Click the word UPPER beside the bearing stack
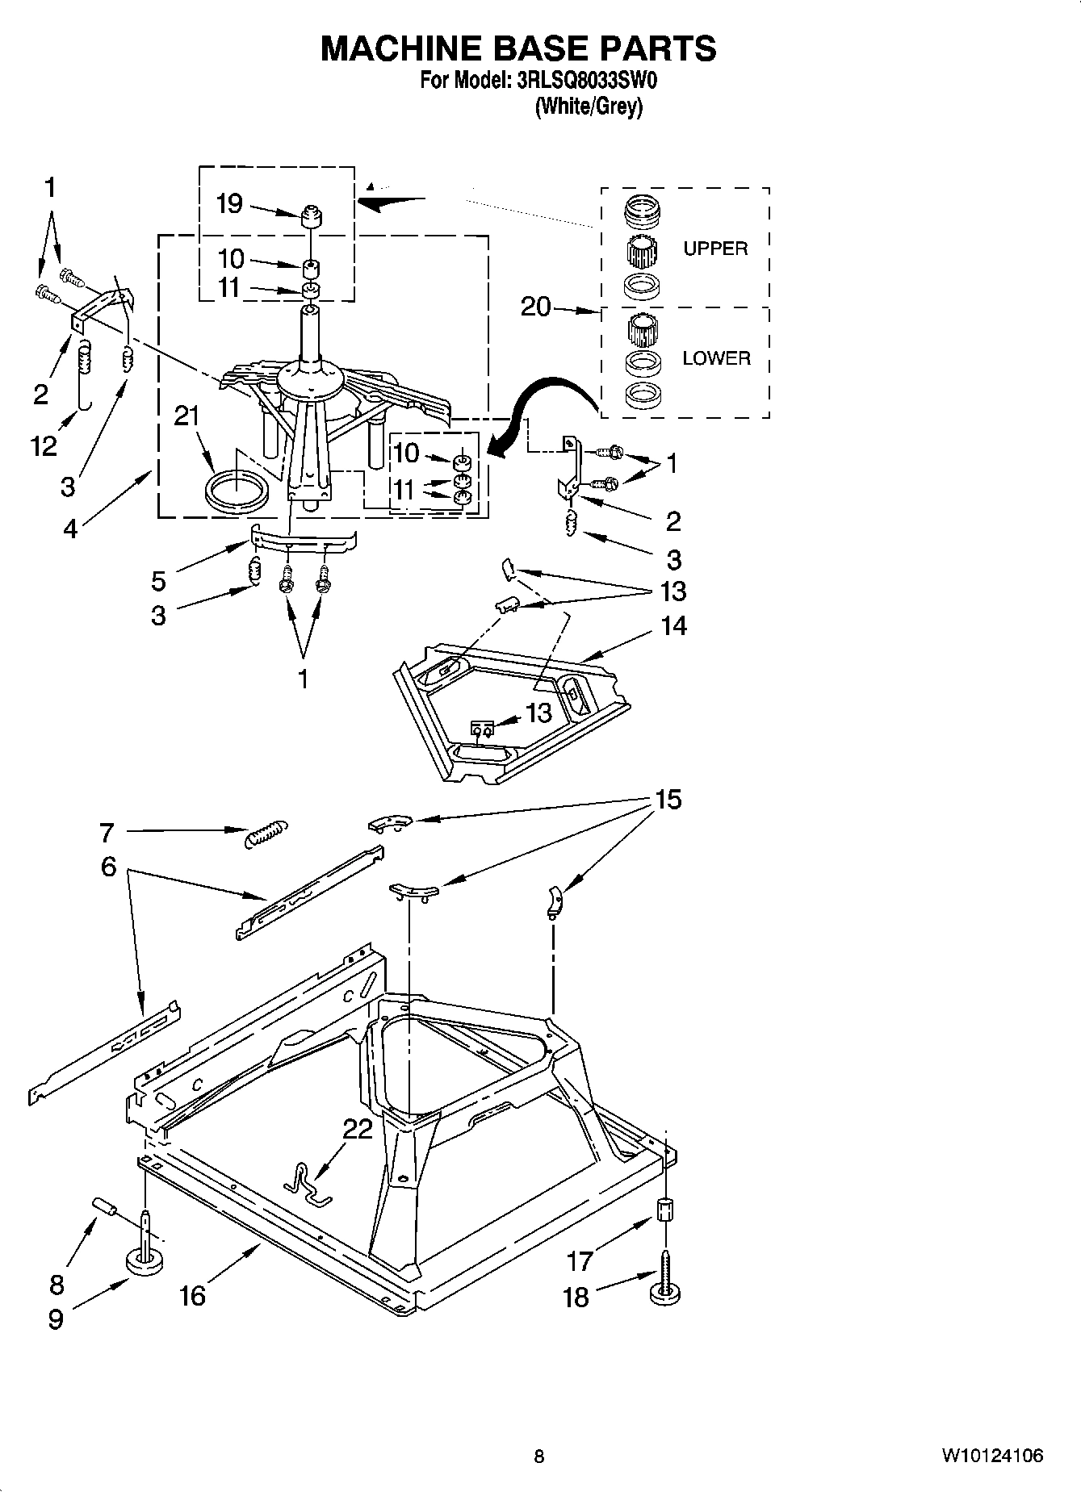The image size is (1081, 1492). tap(715, 249)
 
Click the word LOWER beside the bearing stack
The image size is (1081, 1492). tap(716, 358)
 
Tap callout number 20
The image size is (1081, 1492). tap(536, 307)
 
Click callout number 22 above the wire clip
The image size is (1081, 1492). tap(357, 1129)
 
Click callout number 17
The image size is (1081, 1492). tap(580, 1260)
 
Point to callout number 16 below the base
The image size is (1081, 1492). tap(192, 1295)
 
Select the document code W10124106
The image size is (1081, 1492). tap(991, 1456)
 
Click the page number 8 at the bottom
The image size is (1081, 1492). tap(539, 1456)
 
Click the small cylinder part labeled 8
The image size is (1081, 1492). tap(105, 1206)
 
